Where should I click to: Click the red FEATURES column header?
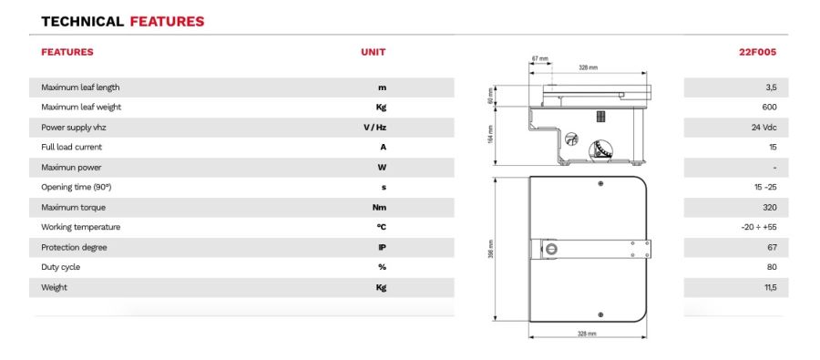click(x=67, y=52)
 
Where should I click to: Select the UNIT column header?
click(x=374, y=52)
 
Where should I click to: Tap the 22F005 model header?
click(x=757, y=52)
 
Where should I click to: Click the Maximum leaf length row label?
click(x=80, y=87)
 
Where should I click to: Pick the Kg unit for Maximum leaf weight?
click(x=382, y=108)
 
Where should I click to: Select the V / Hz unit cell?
click(x=374, y=128)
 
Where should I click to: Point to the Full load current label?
click(x=72, y=147)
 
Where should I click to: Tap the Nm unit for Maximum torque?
click(x=381, y=207)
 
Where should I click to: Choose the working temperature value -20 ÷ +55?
click(x=759, y=227)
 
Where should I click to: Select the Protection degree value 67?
click(x=771, y=247)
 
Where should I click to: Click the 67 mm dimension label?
click(x=540, y=58)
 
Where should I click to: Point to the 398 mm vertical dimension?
click(x=490, y=248)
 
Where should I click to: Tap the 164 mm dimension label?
click(x=490, y=135)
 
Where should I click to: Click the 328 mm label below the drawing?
click(x=588, y=334)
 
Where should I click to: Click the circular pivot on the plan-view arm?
click(x=549, y=248)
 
